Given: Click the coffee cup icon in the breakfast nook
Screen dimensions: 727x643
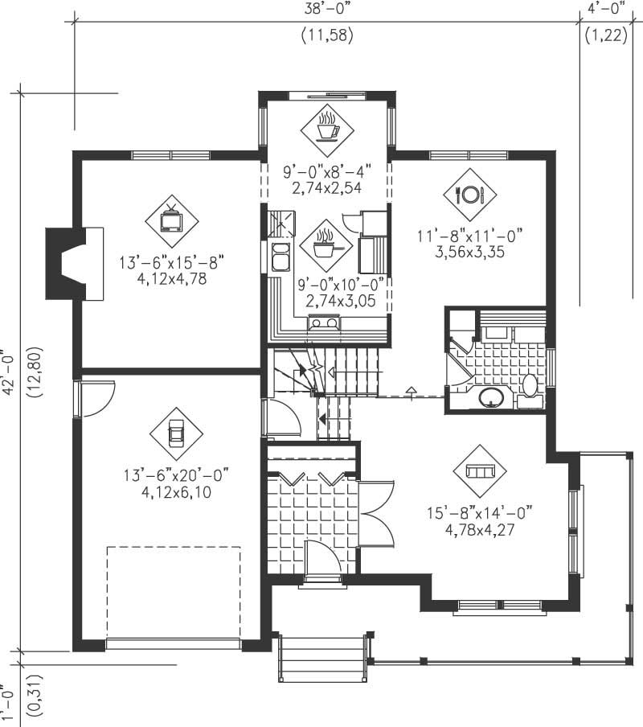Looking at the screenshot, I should click(x=326, y=128).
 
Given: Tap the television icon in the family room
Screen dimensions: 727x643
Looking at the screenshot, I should click(x=172, y=219).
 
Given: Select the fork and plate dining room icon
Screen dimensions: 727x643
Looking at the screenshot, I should click(x=469, y=194).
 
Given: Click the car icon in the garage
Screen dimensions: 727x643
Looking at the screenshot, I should click(x=175, y=434).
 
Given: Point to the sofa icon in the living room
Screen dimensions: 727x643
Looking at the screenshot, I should click(x=479, y=470).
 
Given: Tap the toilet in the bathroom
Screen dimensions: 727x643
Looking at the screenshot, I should click(x=530, y=385).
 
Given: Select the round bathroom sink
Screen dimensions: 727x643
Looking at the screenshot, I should click(x=491, y=396).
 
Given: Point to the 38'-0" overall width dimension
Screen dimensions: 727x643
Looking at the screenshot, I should click(x=327, y=10).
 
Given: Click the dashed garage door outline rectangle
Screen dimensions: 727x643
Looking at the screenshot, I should click(x=174, y=591).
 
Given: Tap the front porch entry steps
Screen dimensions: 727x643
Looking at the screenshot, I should click(x=323, y=658).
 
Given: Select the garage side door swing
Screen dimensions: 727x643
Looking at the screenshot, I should click(x=96, y=399).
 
